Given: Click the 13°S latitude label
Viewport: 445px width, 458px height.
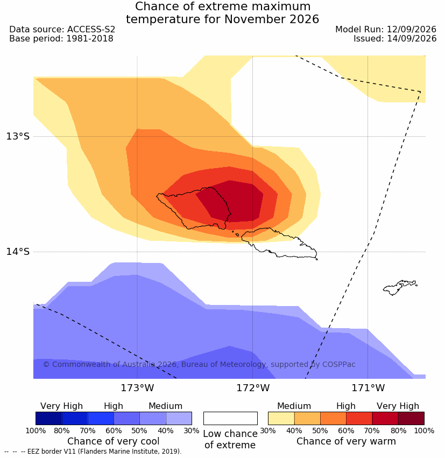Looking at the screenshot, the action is point(18,136).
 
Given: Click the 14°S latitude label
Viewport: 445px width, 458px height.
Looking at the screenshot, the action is point(18,252).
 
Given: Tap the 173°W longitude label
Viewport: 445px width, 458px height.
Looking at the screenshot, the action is point(137,388).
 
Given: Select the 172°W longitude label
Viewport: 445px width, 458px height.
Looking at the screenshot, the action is point(253,388).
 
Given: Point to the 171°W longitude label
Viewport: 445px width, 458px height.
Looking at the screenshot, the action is point(368,388).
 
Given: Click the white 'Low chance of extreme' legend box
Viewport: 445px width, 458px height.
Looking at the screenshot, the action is point(230,418).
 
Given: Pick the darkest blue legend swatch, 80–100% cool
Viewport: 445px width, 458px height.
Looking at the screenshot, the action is point(49,418).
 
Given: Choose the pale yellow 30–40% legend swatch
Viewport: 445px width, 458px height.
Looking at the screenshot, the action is point(281,418).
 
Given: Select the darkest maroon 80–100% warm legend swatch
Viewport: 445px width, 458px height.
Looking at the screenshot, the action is point(411,418).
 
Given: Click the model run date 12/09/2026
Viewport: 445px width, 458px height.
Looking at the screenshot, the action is point(412,30).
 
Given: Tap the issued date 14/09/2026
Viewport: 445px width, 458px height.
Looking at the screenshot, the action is point(412,39).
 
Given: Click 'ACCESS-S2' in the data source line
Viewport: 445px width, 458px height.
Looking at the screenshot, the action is point(91,30).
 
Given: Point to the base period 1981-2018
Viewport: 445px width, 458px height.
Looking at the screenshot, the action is point(90,39).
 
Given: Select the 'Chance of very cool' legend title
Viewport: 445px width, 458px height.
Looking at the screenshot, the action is point(114,441).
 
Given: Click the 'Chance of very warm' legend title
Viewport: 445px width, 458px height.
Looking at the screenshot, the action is point(346,441).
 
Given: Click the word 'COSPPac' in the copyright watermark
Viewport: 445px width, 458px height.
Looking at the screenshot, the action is point(338,365).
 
